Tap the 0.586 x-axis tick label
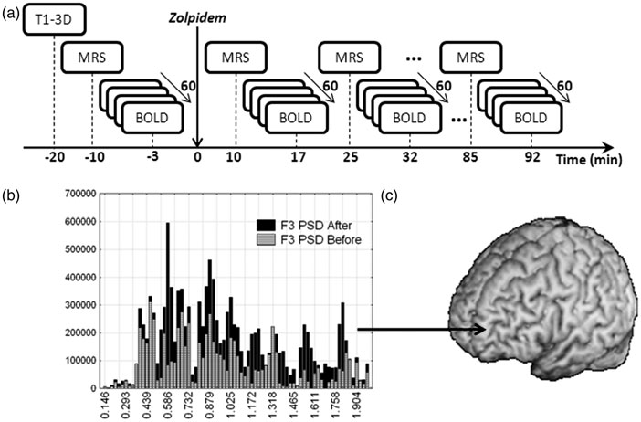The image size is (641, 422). [x=171, y=404]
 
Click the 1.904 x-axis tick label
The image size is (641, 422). [x=359, y=404]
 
